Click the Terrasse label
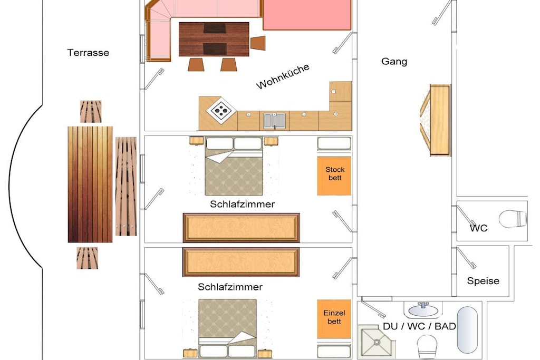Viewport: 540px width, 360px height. [x=88, y=53]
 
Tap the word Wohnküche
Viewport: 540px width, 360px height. [x=283, y=76]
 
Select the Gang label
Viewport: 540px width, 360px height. [x=394, y=62]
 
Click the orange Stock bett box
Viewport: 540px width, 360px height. [x=334, y=176]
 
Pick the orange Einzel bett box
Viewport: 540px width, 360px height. [x=334, y=319]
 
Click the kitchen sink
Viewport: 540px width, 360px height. [x=274, y=121]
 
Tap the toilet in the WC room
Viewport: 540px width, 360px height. [x=513, y=219]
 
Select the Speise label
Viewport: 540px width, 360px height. [x=483, y=281]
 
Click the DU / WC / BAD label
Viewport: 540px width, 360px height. [x=419, y=326]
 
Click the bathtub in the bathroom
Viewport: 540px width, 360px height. [x=467, y=330]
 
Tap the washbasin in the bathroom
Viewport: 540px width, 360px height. [x=423, y=309]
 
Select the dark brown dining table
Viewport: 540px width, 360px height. [x=214, y=39]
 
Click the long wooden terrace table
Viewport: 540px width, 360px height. [x=90, y=184]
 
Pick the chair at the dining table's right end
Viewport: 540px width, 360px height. [x=258, y=43]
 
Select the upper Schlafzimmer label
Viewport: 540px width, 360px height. [x=242, y=204]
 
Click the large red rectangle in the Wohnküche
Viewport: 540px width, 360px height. [x=307, y=15]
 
